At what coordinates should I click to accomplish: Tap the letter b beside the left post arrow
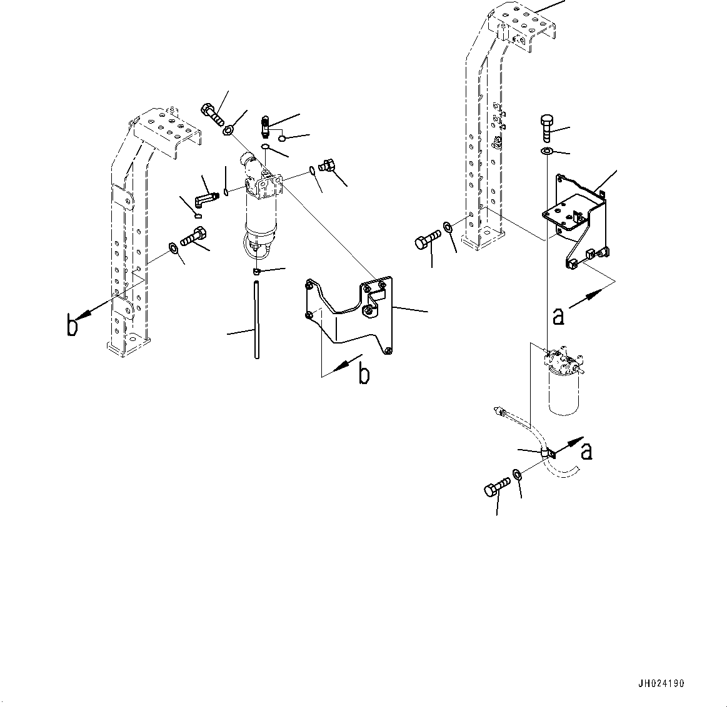pos(73,325)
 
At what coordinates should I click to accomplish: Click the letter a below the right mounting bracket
pos(558,316)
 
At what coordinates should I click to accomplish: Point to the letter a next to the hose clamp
pos(586,451)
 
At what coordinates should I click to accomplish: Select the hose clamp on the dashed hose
pos(548,453)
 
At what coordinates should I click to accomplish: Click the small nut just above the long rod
pos(256,271)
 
